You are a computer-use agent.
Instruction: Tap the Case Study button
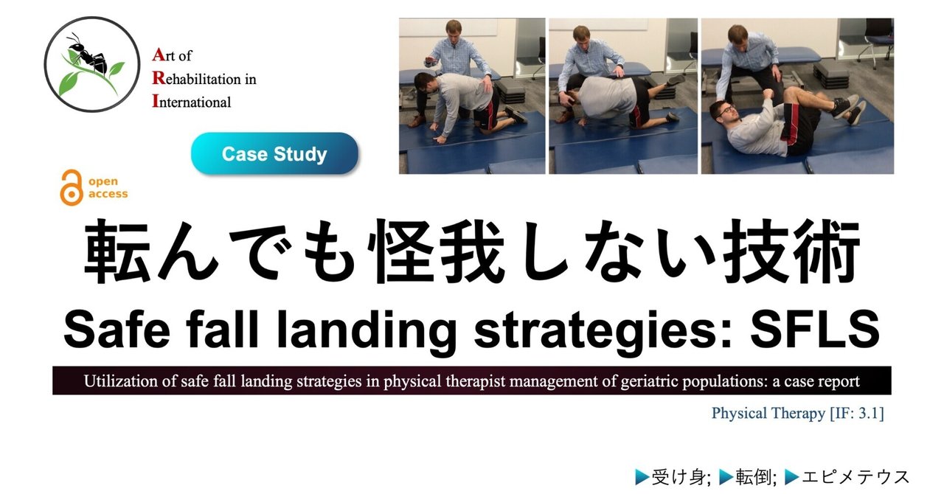pyautogui.click(x=274, y=154)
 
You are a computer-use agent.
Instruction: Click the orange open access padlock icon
pyautogui.click(x=72, y=187)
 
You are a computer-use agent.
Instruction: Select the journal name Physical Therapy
pyautogui.click(x=766, y=413)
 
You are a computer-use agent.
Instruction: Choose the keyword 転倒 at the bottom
pyautogui.click(x=753, y=478)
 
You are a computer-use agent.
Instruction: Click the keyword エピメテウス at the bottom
pyautogui.click(x=855, y=478)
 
